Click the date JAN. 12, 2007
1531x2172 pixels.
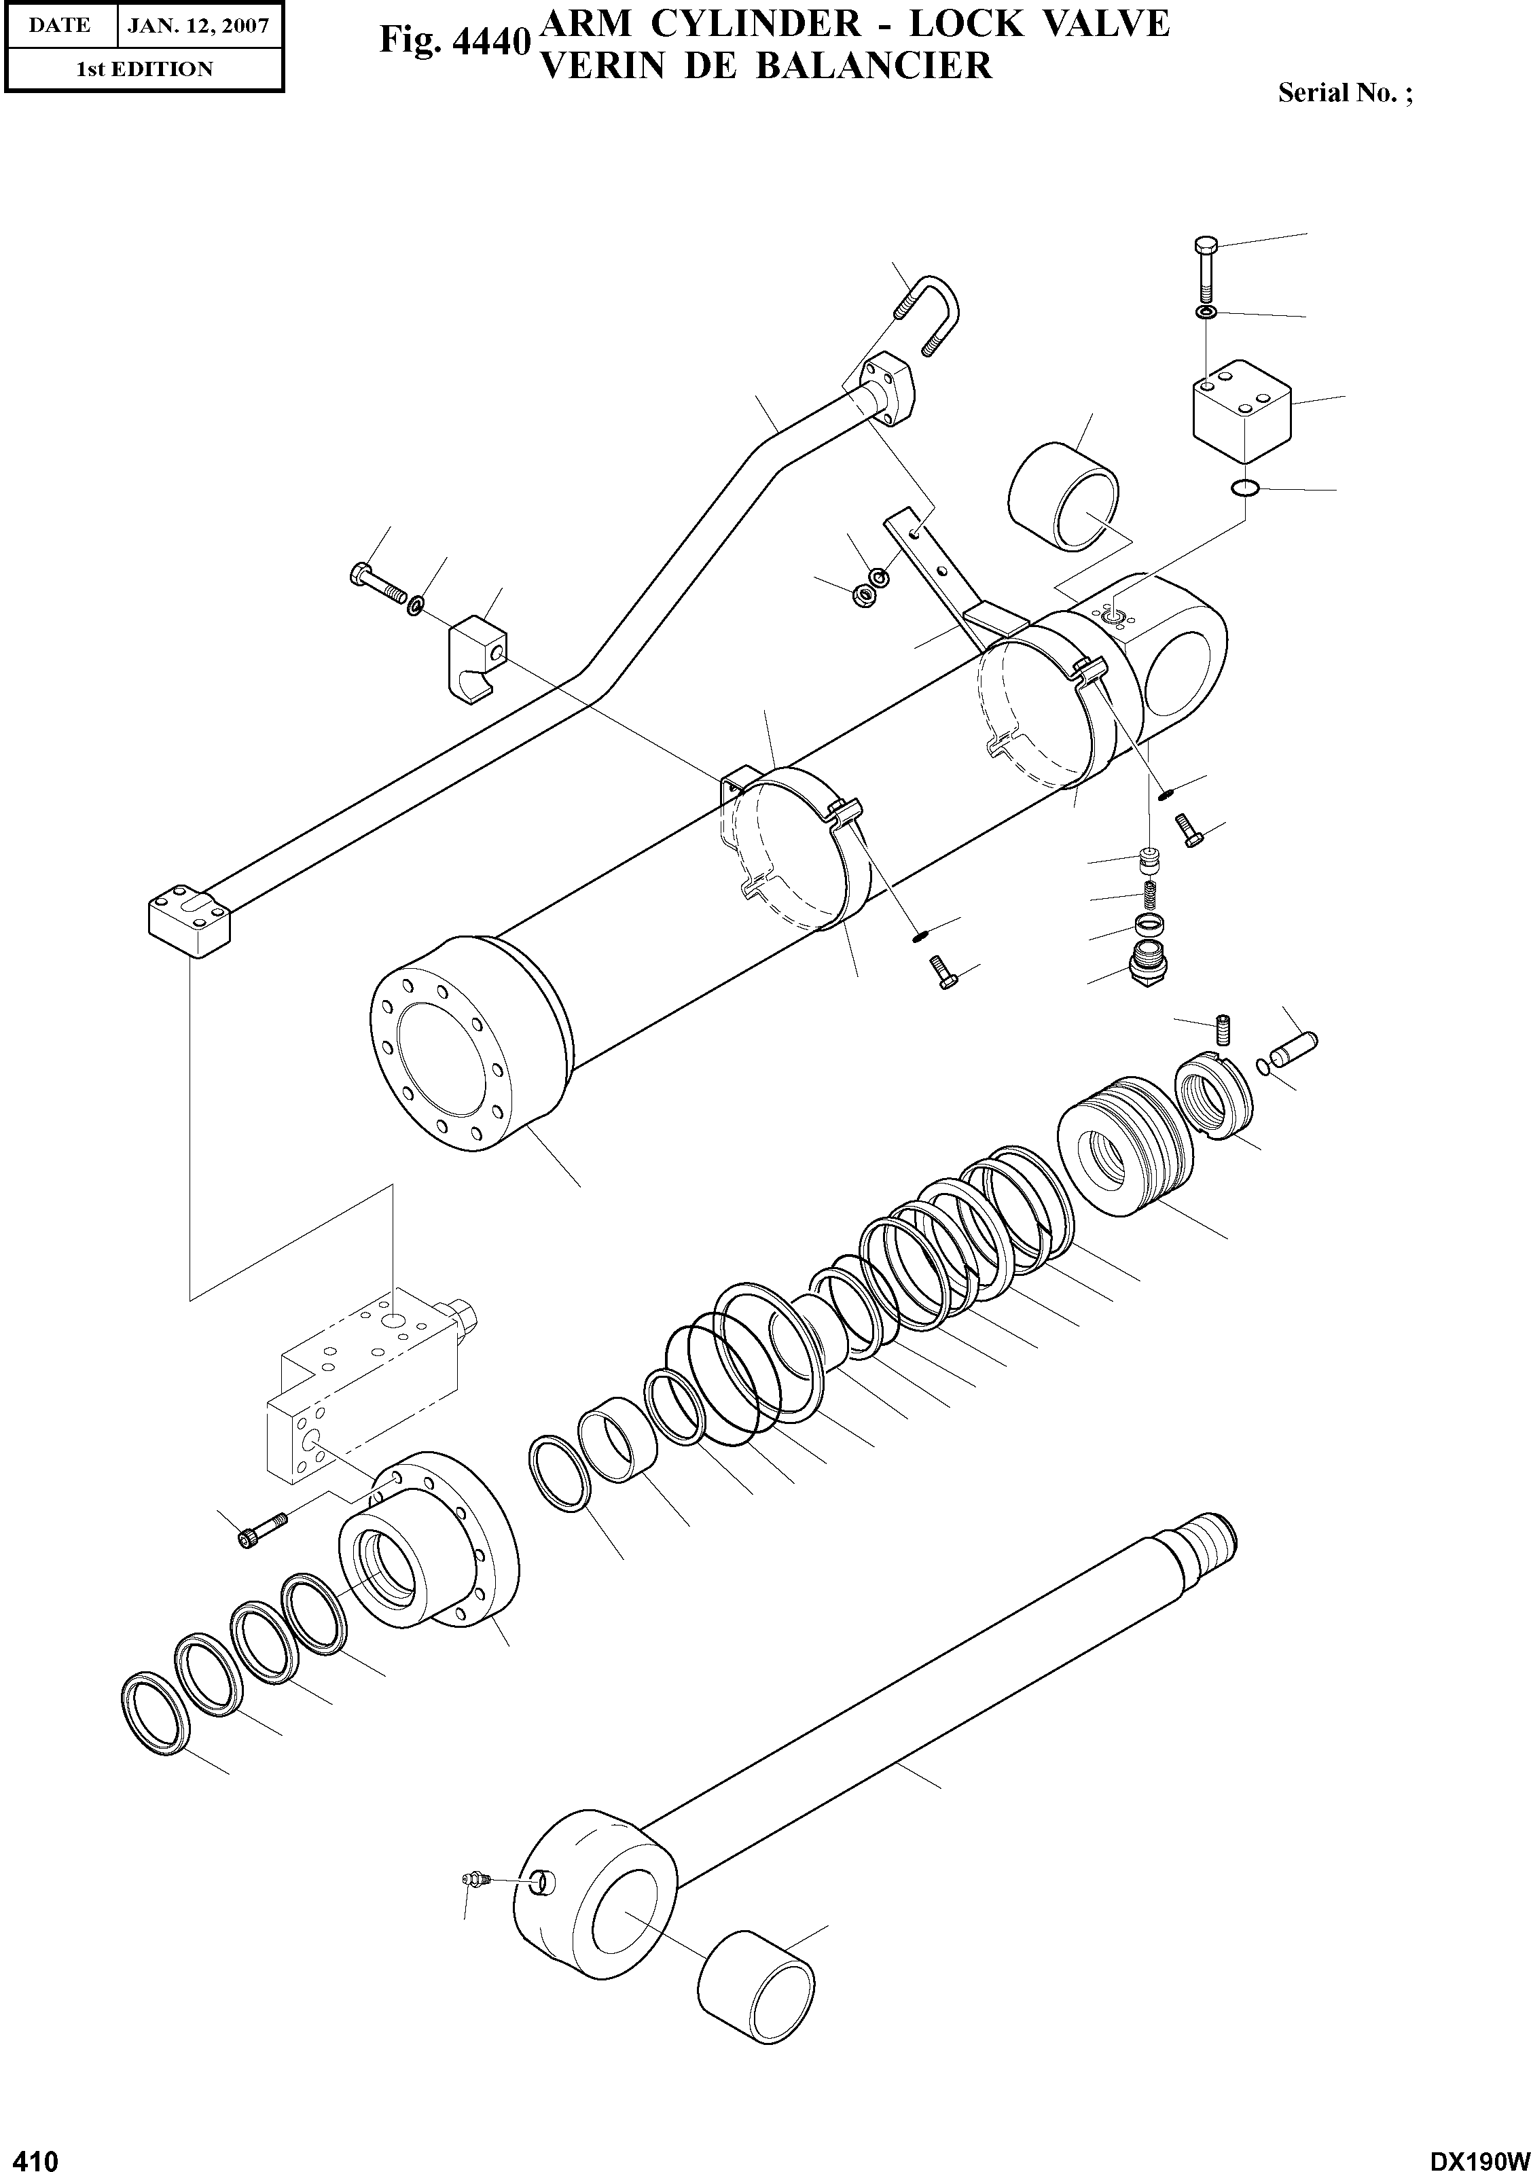(198, 26)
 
